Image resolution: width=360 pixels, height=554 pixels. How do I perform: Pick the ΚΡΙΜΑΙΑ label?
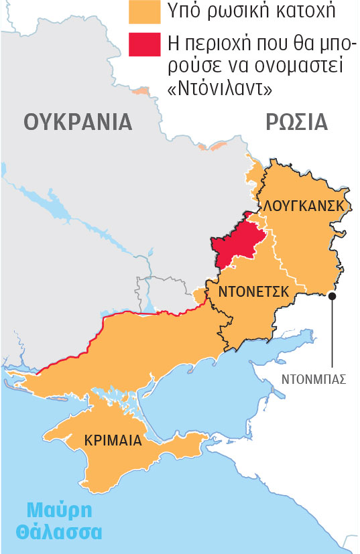click(x=113, y=440)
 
